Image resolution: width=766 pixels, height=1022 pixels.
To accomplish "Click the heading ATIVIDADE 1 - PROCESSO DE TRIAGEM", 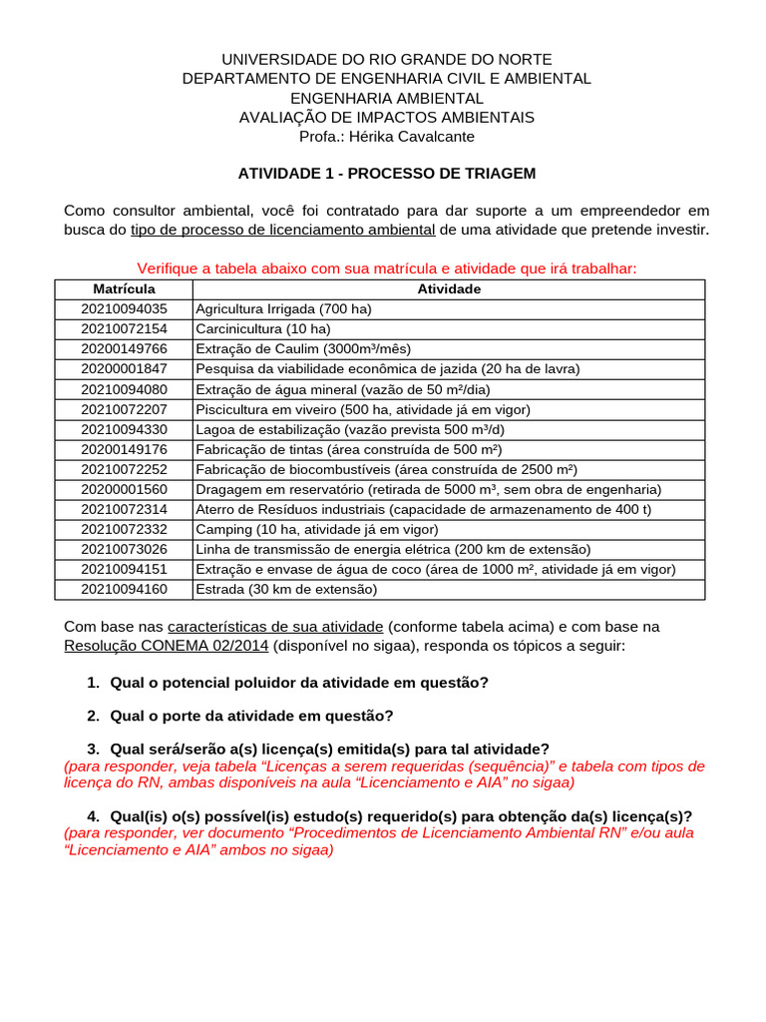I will click(386, 174).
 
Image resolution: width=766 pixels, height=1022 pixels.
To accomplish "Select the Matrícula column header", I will click(124, 289).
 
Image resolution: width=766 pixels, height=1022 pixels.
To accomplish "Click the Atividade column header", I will click(449, 289).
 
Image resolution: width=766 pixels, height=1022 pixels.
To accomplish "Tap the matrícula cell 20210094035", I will click(124, 309).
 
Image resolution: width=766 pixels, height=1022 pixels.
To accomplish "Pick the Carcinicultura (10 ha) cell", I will click(263, 329).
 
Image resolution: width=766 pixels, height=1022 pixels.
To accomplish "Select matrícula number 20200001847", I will click(124, 369).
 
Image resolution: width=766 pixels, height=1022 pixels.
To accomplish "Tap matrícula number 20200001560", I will click(124, 489).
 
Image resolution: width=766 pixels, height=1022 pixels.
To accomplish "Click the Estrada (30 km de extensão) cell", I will click(286, 589).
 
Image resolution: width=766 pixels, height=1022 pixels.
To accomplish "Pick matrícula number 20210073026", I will click(124, 549).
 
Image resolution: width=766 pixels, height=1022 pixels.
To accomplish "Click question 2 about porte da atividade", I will click(251, 716).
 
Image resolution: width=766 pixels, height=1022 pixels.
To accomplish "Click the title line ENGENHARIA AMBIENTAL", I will click(386, 99).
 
